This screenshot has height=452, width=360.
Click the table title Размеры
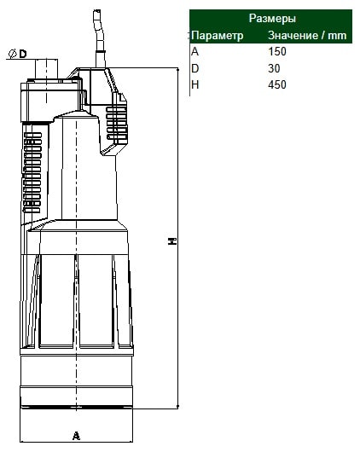(272, 19)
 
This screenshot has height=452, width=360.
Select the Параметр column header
(217, 36)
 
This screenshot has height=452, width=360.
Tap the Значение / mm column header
(307, 36)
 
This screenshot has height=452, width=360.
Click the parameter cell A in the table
(195, 52)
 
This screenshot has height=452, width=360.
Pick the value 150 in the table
(277, 52)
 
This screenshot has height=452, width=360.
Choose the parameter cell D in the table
(195, 68)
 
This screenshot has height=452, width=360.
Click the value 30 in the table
(274, 68)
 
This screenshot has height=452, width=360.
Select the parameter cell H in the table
(195, 84)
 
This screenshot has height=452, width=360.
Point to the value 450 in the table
(277, 84)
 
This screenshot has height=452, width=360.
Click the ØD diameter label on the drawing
(18, 54)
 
